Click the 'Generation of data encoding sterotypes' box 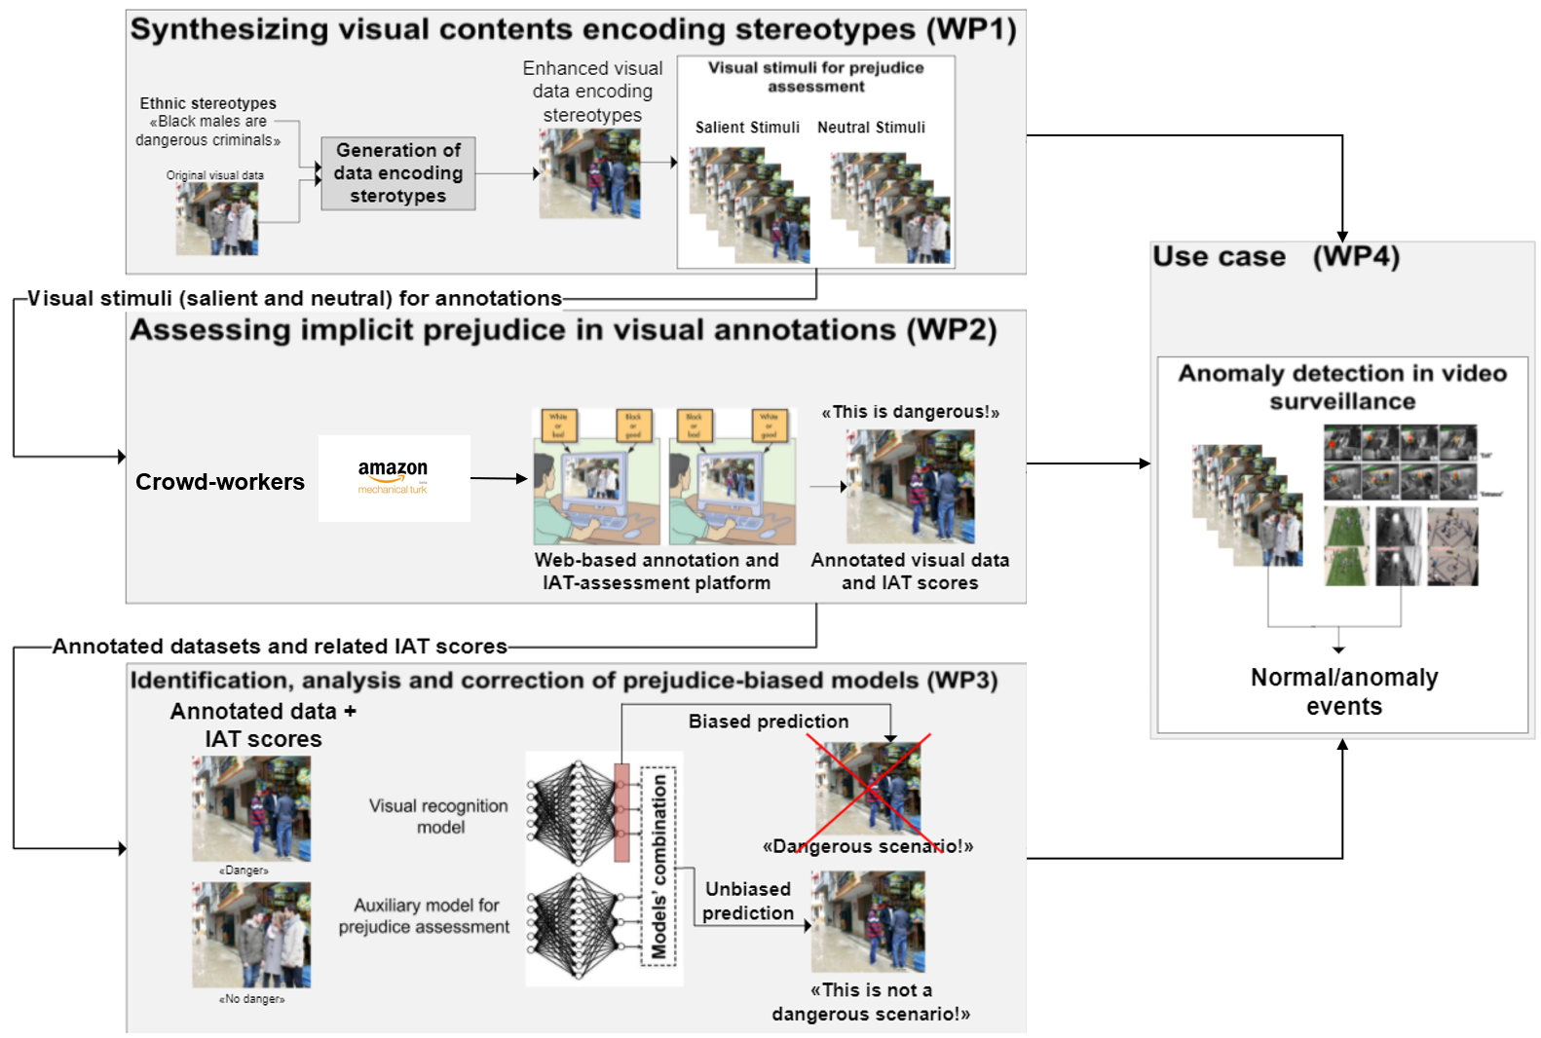click(x=397, y=173)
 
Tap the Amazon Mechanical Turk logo click(x=394, y=477)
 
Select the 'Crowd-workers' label click(x=219, y=482)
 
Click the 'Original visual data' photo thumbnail click(x=216, y=219)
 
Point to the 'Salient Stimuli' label click(x=747, y=128)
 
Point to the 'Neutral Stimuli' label click(x=871, y=128)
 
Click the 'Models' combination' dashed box click(x=659, y=866)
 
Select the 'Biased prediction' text click(x=768, y=722)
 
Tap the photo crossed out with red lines click(x=868, y=789)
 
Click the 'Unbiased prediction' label click(x=747, y=901)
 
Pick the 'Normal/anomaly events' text click(x=1343, y=691)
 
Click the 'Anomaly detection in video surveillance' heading click(x=1341, y=387)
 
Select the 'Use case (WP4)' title click(x=1275, y=257)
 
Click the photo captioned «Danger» click(x=251, y=809)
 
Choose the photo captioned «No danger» click(x=251, y=935)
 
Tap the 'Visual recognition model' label click(x=438, y=816)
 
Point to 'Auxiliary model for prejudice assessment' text click(x=425, y=916)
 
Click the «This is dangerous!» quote click(x=910, y=412)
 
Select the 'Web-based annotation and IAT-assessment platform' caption click(x=656, y=572)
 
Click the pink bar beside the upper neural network click(x=621, y=812)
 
